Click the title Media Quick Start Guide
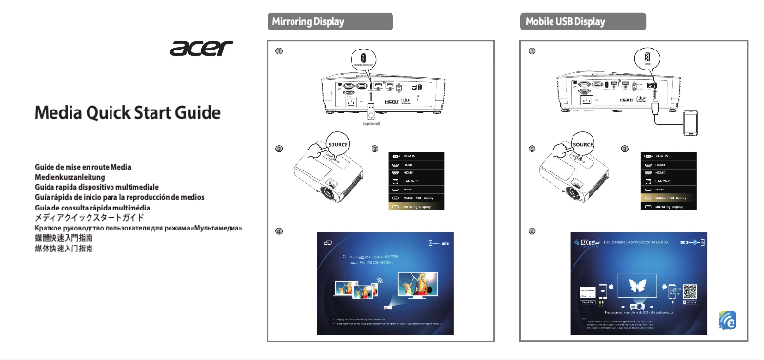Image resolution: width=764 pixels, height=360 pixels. click(128, 115)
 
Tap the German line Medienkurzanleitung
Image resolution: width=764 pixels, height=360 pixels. click(73, 177)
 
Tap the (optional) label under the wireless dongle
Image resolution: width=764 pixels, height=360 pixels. click(372, 123)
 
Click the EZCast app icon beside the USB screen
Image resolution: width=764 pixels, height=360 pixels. click(730, 323)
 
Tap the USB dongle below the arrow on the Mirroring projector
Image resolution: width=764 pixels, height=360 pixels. click(372, 107)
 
